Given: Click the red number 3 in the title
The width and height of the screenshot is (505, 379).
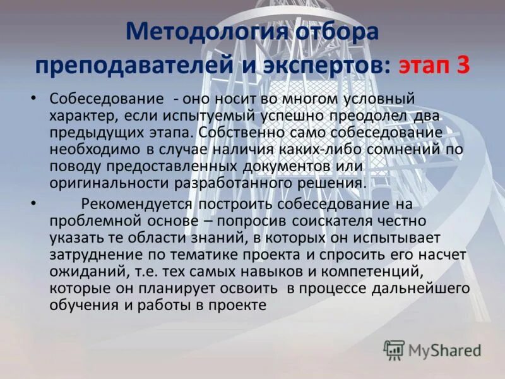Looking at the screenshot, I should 463,66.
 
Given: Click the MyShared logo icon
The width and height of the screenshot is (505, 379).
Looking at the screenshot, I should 394,349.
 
